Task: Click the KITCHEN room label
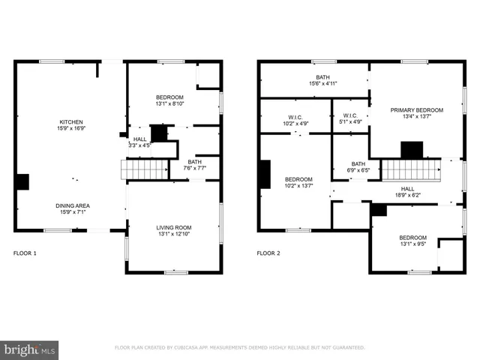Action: coord(71,122)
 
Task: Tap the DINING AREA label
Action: coord(73,205)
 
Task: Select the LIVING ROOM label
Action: coord(174,228)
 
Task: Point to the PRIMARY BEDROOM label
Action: coord(416,110)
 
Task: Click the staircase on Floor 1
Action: coord(146,169)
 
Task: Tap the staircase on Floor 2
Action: coord(411,169)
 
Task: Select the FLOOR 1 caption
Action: coord(25,253)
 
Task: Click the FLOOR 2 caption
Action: coord(268,253)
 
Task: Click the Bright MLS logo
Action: coord(30,349)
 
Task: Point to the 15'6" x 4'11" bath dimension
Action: coord(322,83)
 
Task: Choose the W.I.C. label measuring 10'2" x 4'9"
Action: coord(295,121)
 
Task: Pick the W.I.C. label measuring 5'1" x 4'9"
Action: coord(350,121)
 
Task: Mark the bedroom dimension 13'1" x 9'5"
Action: coord(412,244)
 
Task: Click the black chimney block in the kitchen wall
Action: coord(22,181)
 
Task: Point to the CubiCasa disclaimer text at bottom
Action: coord(239,348)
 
